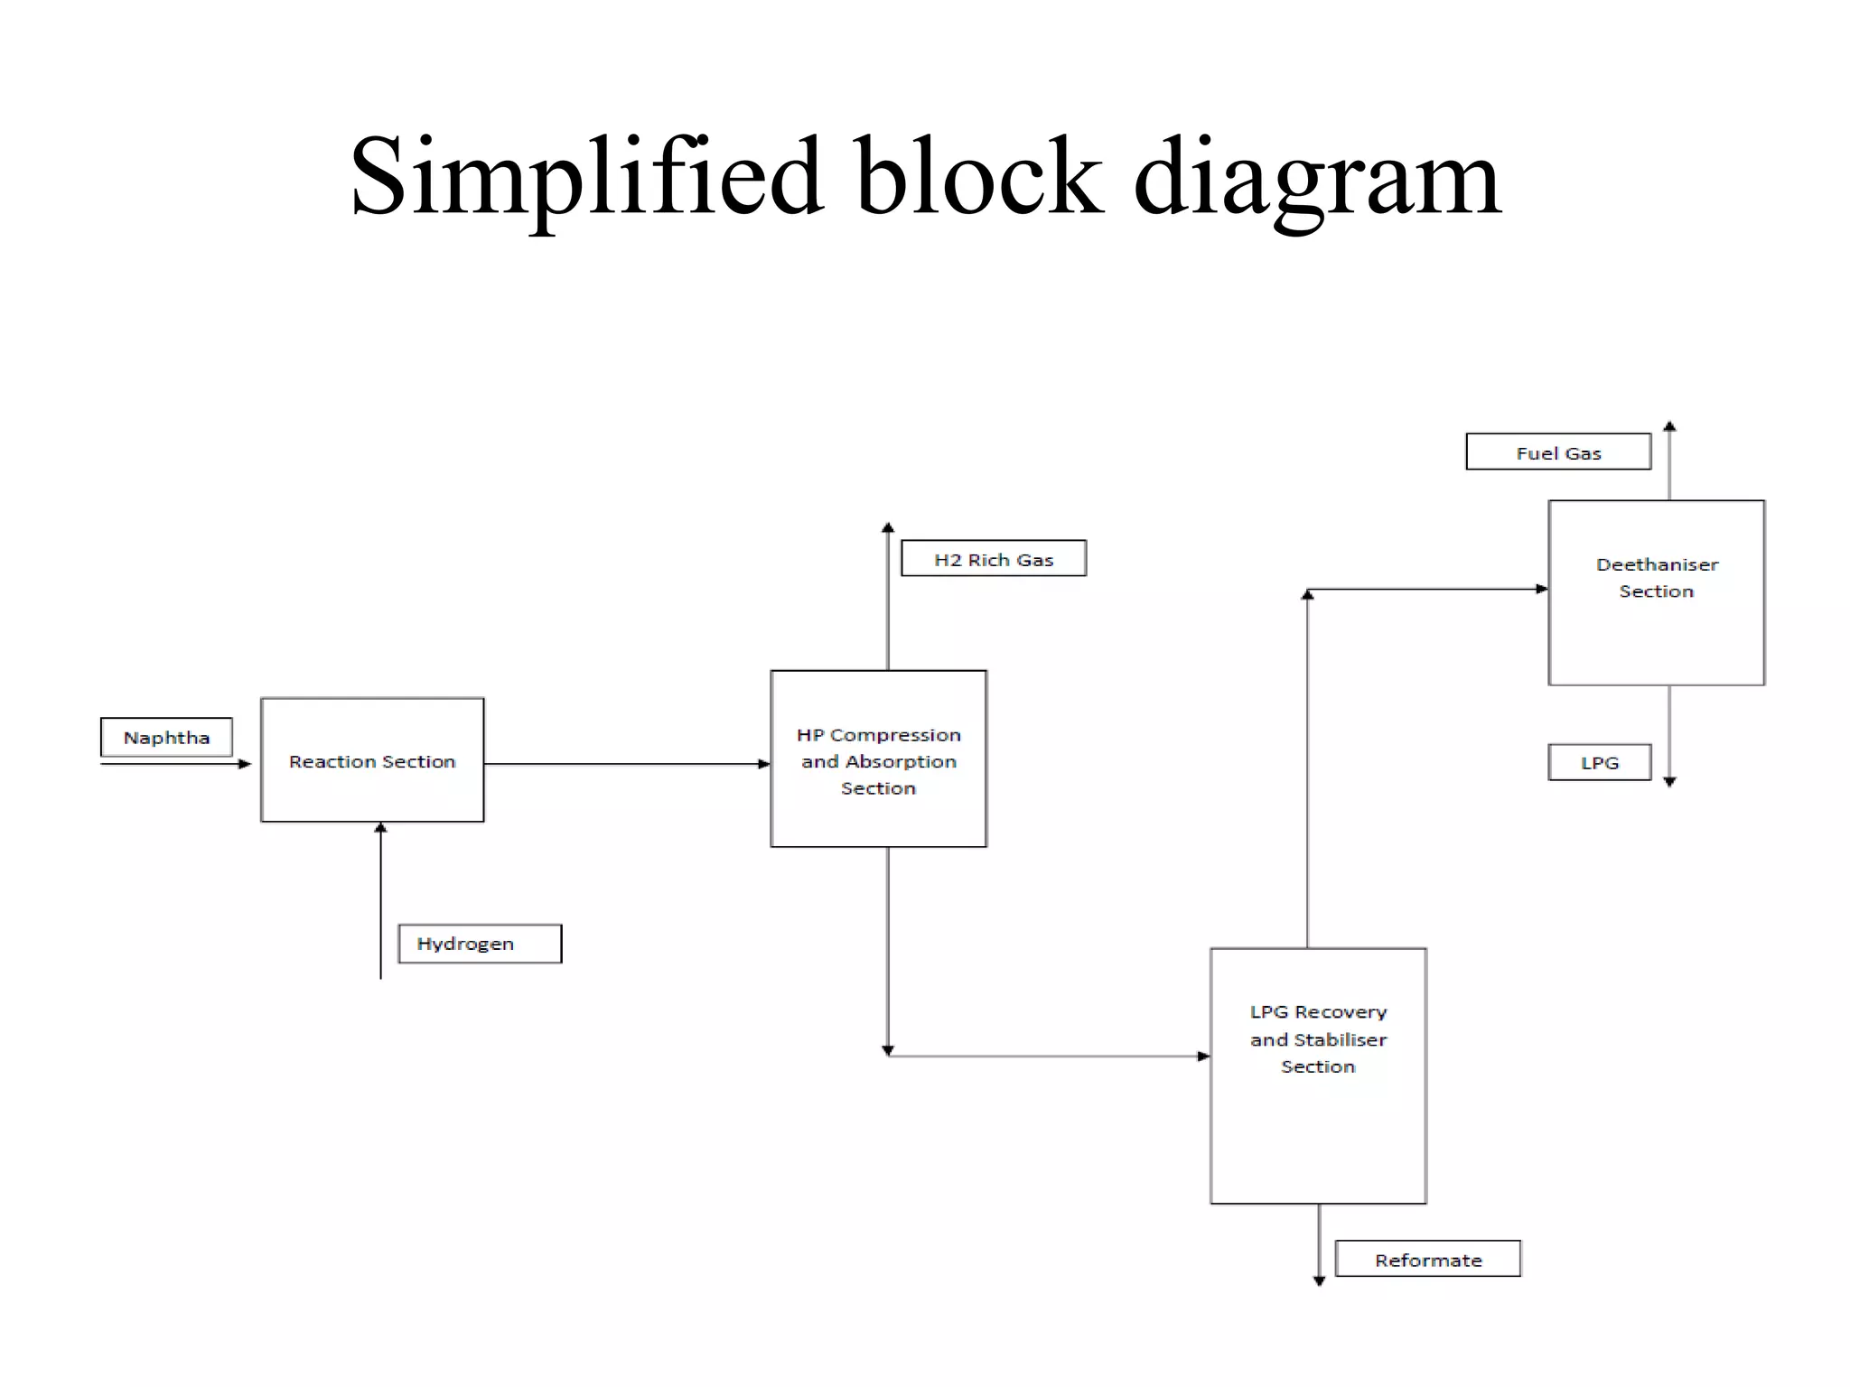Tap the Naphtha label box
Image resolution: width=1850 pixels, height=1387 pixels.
(x=166, y=737)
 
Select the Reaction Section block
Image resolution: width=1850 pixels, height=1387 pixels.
(x=372, y=760)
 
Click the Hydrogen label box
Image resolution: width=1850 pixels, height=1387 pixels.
(x=480, y=944)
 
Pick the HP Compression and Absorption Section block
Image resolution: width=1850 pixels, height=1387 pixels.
(x=878, y=759)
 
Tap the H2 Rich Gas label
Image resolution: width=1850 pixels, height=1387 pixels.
(x=994, y=559)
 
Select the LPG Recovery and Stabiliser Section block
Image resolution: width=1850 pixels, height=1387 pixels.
(x=1318, y=1075)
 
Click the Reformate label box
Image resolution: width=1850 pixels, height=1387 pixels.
(x=1427, y=1259)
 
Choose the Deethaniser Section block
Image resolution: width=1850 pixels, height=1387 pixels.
(x=1656, y=592)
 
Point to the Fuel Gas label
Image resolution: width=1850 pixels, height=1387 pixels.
(x=1558, y=452)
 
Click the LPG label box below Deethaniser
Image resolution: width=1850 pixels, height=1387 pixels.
(x=1599, y=762)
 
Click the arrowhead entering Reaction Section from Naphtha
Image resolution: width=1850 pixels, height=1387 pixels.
(x=245, y=764)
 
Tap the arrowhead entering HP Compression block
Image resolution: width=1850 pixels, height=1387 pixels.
(x=763, y=764)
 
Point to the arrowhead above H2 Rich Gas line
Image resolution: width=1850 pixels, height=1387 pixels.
(x=888, y=527)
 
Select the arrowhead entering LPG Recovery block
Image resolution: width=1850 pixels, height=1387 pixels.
(x=1203, y=1056)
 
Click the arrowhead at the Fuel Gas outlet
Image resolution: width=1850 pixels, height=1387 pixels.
(x=1669, y=427)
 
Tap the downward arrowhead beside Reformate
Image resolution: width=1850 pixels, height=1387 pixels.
(x=1319, y=1280)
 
